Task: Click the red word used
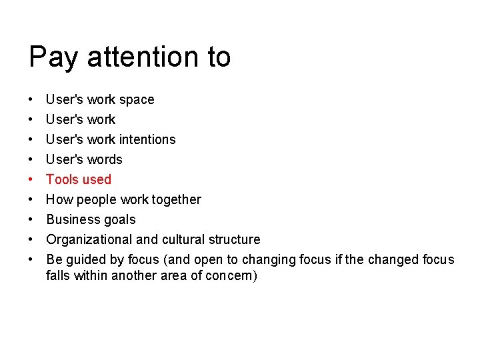97,179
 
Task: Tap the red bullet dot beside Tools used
31,180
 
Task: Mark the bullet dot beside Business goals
31,220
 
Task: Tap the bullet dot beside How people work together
31,200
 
